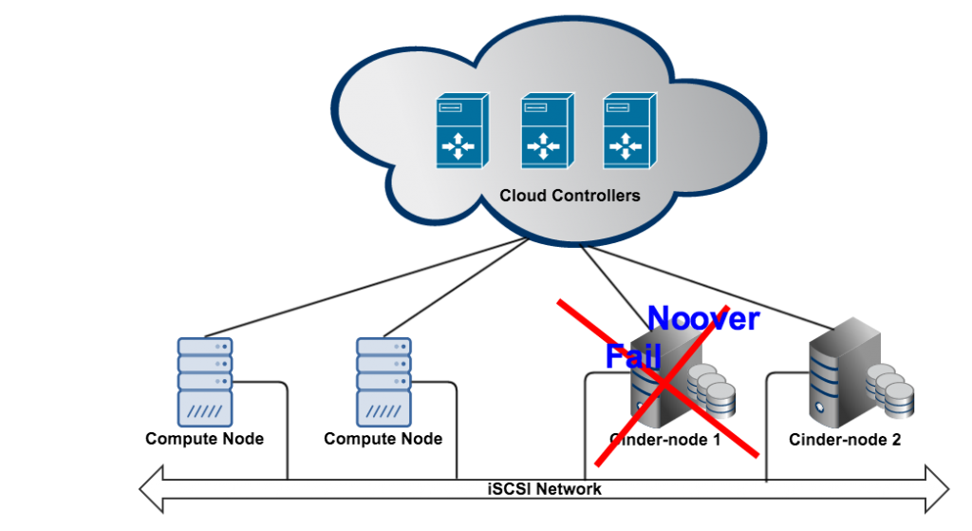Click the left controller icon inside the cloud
tap(462, 131)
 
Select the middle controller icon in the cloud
tap(547, 131)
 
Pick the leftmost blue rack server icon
tap(205, 382)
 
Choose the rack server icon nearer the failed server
tap(383, 382)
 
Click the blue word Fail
tap(631, 356)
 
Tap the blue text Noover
tap(702, 318)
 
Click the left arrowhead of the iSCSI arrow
tap(152, 489)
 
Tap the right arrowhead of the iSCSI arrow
tap(938, 489)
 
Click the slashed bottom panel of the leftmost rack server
tap(205, 410)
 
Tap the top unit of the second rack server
tap(383, 347)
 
